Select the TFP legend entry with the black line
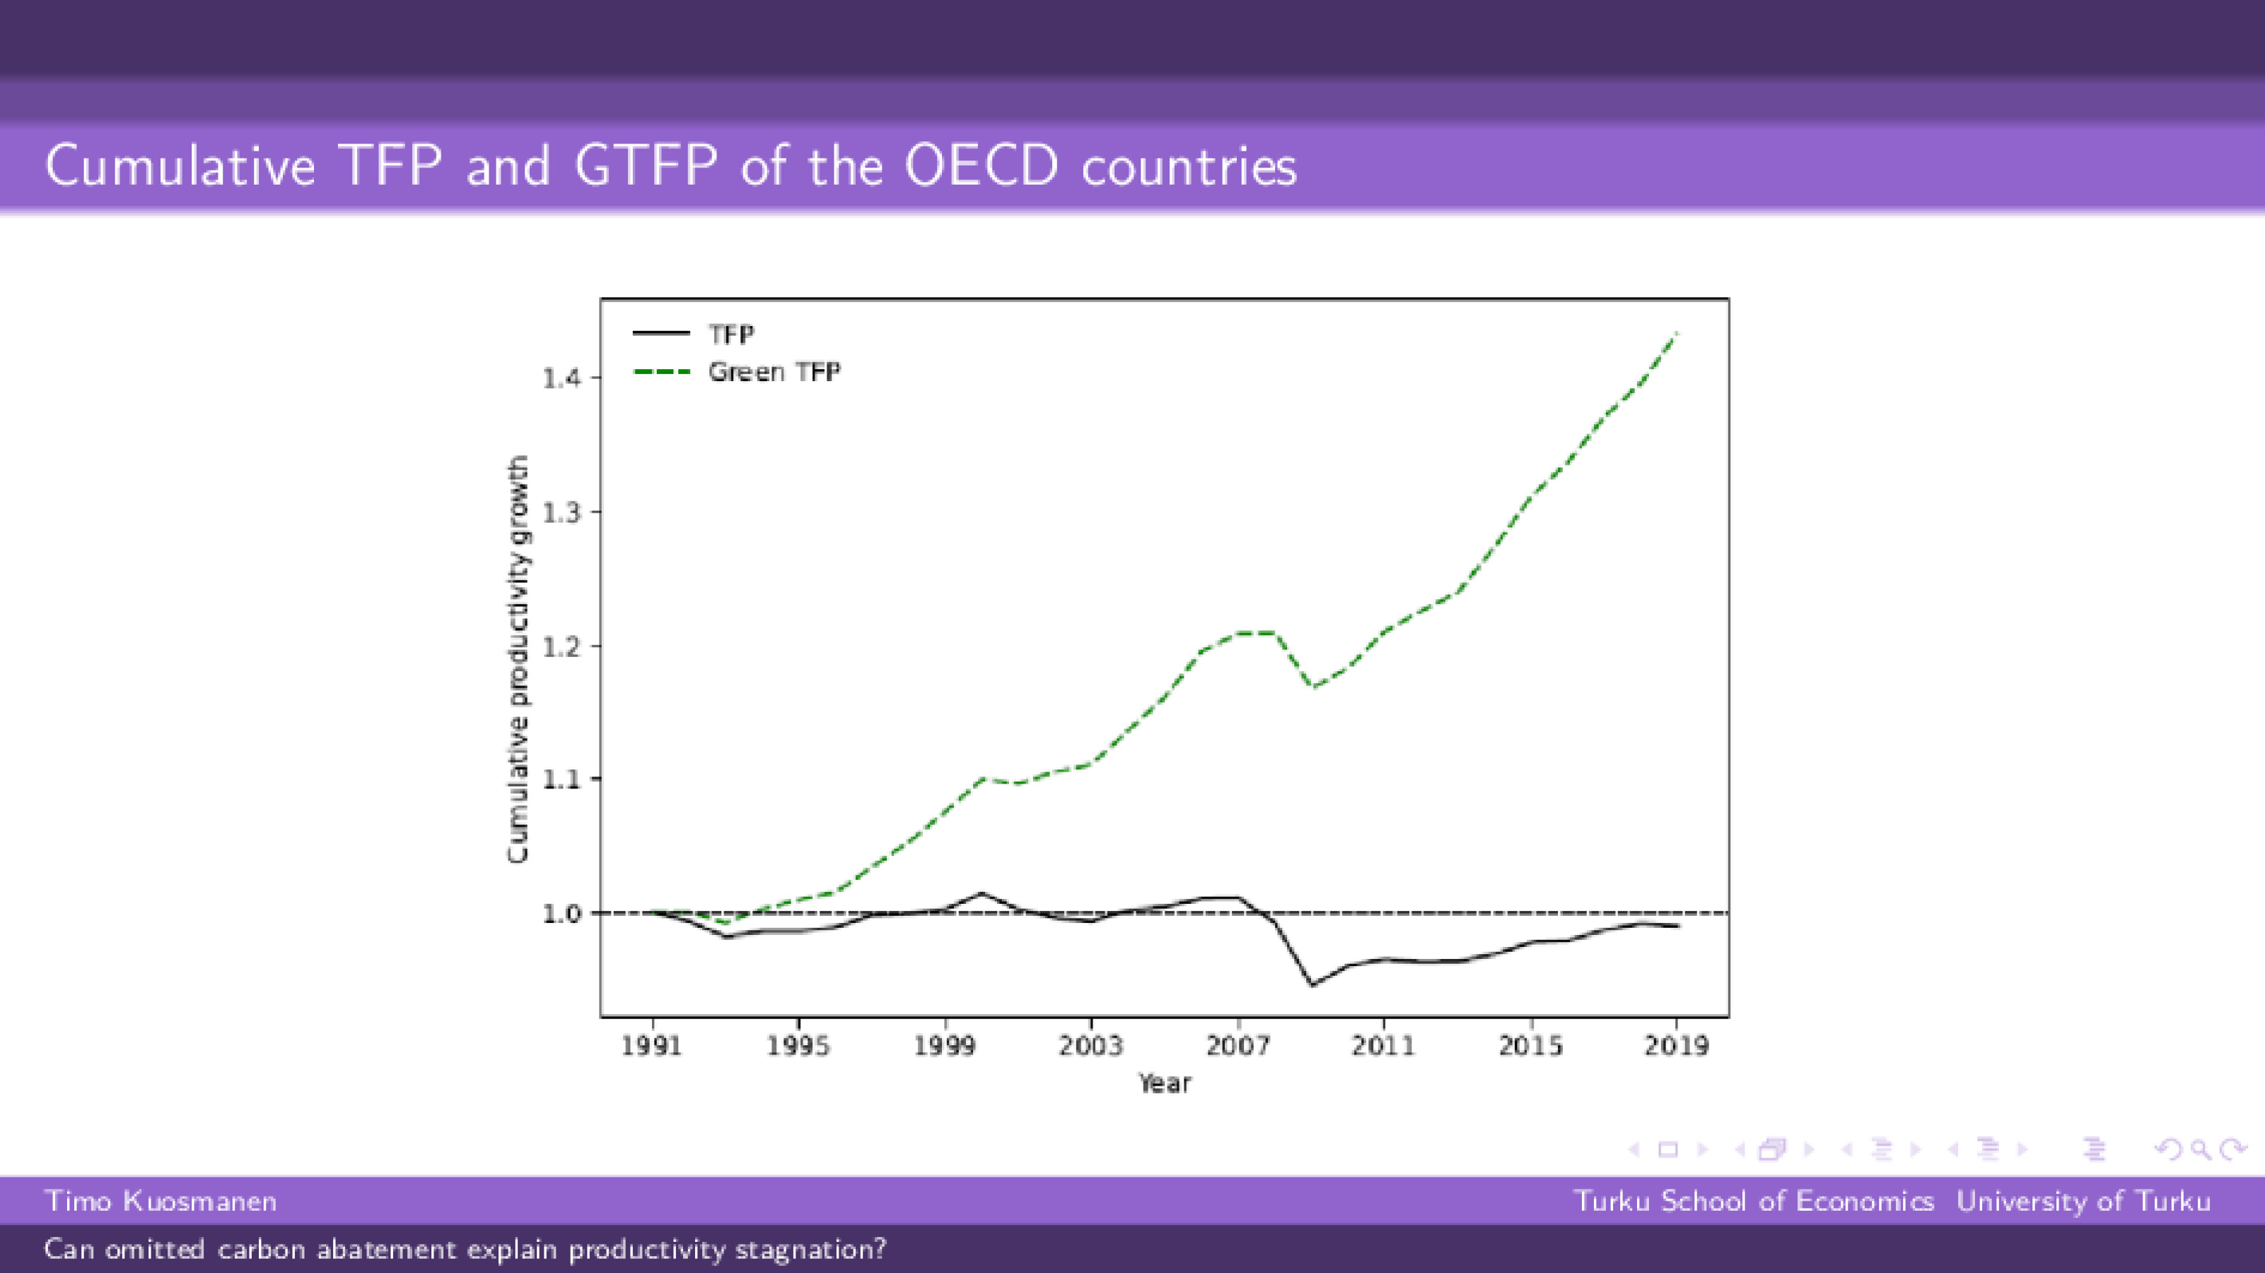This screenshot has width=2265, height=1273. [x=730, y=334]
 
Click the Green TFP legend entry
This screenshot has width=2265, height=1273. [x=773, y=372]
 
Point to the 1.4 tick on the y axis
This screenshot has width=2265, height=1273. [x=560, y=378]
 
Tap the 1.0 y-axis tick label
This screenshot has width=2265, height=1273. [x=560, y=914]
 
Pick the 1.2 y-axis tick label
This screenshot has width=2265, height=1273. [x=560, y=646]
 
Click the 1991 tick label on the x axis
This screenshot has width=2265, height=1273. [x=651, y=1045]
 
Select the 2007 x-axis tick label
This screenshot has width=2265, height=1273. [x=1238, y=1045]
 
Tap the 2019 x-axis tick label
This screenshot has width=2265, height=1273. [x=1677, y=1045]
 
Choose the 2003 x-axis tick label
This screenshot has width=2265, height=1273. [x=1091, y=1045]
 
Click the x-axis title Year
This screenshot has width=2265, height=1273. [x=1164, y=1083]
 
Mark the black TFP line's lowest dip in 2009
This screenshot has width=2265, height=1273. [x=1312, y=984]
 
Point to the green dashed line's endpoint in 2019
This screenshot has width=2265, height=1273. [x=1677, y=333]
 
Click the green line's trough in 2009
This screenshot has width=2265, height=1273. [x=1312, y=687]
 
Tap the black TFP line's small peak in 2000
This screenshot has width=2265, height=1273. [x=982, y=893]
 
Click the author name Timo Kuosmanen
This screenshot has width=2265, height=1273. [x=161, y=1201]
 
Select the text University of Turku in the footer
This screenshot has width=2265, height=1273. [x=2083, y=1201]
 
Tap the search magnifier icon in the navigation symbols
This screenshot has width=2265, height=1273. [x=2201, y=1149]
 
